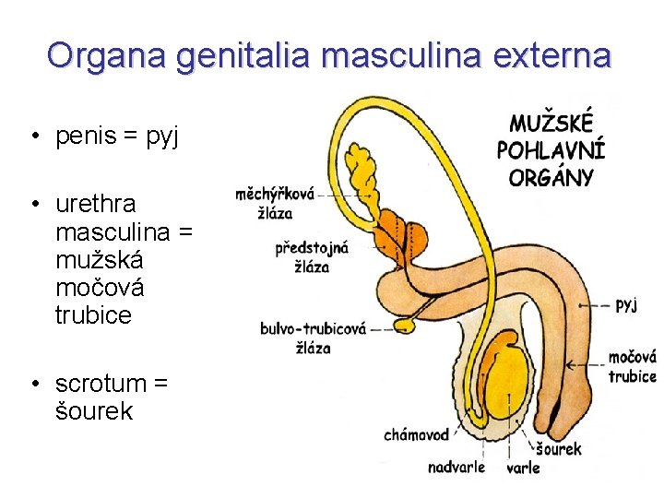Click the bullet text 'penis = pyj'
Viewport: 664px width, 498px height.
[118, 137]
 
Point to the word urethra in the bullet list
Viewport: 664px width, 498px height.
[95, 203]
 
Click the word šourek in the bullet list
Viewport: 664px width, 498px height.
[93, 411]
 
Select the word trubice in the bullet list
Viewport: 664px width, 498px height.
[93, 315]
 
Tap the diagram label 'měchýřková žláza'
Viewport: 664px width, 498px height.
[276, 203]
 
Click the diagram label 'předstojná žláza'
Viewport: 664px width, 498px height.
[312, 257]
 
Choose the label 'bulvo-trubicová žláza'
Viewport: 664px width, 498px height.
[314, 338]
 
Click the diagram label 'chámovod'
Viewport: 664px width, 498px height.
[416, 434]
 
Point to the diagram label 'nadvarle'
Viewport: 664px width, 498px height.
[456, 467]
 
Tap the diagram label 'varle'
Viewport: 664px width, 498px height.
[524, 468]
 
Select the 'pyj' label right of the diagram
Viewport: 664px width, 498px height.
[626, 304]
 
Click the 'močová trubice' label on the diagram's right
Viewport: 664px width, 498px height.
[632, 366]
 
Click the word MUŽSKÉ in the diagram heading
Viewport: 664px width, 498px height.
[552, 124]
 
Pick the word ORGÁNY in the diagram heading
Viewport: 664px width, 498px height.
[551, 176]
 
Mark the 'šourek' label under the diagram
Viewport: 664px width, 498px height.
[559, 449]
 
